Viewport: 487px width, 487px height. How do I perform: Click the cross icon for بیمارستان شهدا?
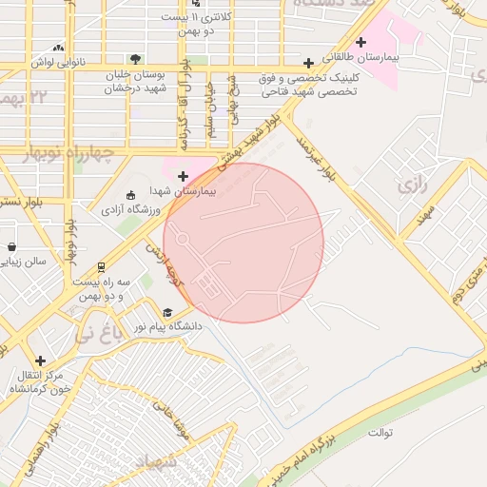point(184,175)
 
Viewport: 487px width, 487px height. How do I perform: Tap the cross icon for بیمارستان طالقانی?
point(360,42)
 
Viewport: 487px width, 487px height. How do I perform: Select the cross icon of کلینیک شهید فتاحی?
point(308,63)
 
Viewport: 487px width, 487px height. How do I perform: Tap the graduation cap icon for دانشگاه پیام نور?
point(167,312)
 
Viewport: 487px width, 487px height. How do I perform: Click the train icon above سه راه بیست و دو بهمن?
point(102,267)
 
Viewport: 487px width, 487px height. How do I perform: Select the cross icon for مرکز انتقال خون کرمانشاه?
point(40,360)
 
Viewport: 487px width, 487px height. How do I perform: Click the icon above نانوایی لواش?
point(60,47)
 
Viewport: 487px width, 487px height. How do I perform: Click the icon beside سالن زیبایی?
point(10,246)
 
